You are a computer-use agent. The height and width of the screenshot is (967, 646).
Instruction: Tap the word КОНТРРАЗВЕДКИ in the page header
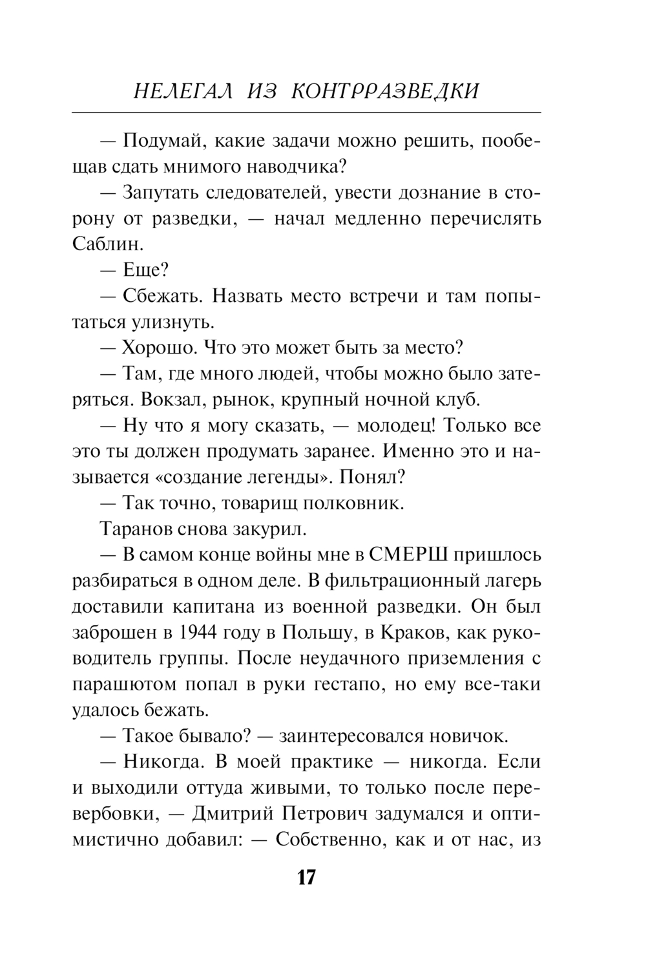click(386, 90)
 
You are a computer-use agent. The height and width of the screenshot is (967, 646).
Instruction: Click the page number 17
click(306, 877)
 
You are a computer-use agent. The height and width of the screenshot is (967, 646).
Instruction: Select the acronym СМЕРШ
click(409, 555)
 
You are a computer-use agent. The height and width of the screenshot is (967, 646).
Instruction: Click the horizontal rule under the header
click(306, 113)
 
